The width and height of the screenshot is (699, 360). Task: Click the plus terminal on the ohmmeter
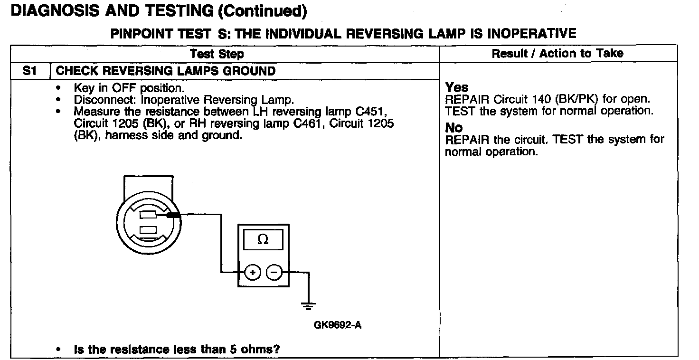pyautogui.click(x=253, y=273)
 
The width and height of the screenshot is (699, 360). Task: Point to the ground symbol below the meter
pyautogui.click(x=309, y=305)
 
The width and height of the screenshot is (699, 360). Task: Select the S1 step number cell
pyautogui.click(x=30, y=71)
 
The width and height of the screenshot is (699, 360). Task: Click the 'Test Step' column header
pyautogui.click(x=217, y=54)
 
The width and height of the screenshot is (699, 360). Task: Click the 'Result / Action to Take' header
pyautogui.click(x=557, y=53)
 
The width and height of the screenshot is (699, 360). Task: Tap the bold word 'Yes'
pyautogui.click(x=457, y=88)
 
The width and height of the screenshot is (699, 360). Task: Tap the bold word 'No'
pyautogui.click(x=454, y=128)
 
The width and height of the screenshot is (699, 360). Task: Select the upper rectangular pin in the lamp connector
pyautogui.click(x=149, y=215)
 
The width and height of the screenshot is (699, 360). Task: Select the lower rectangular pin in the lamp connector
pyautogui.click(x=149, y=230)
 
